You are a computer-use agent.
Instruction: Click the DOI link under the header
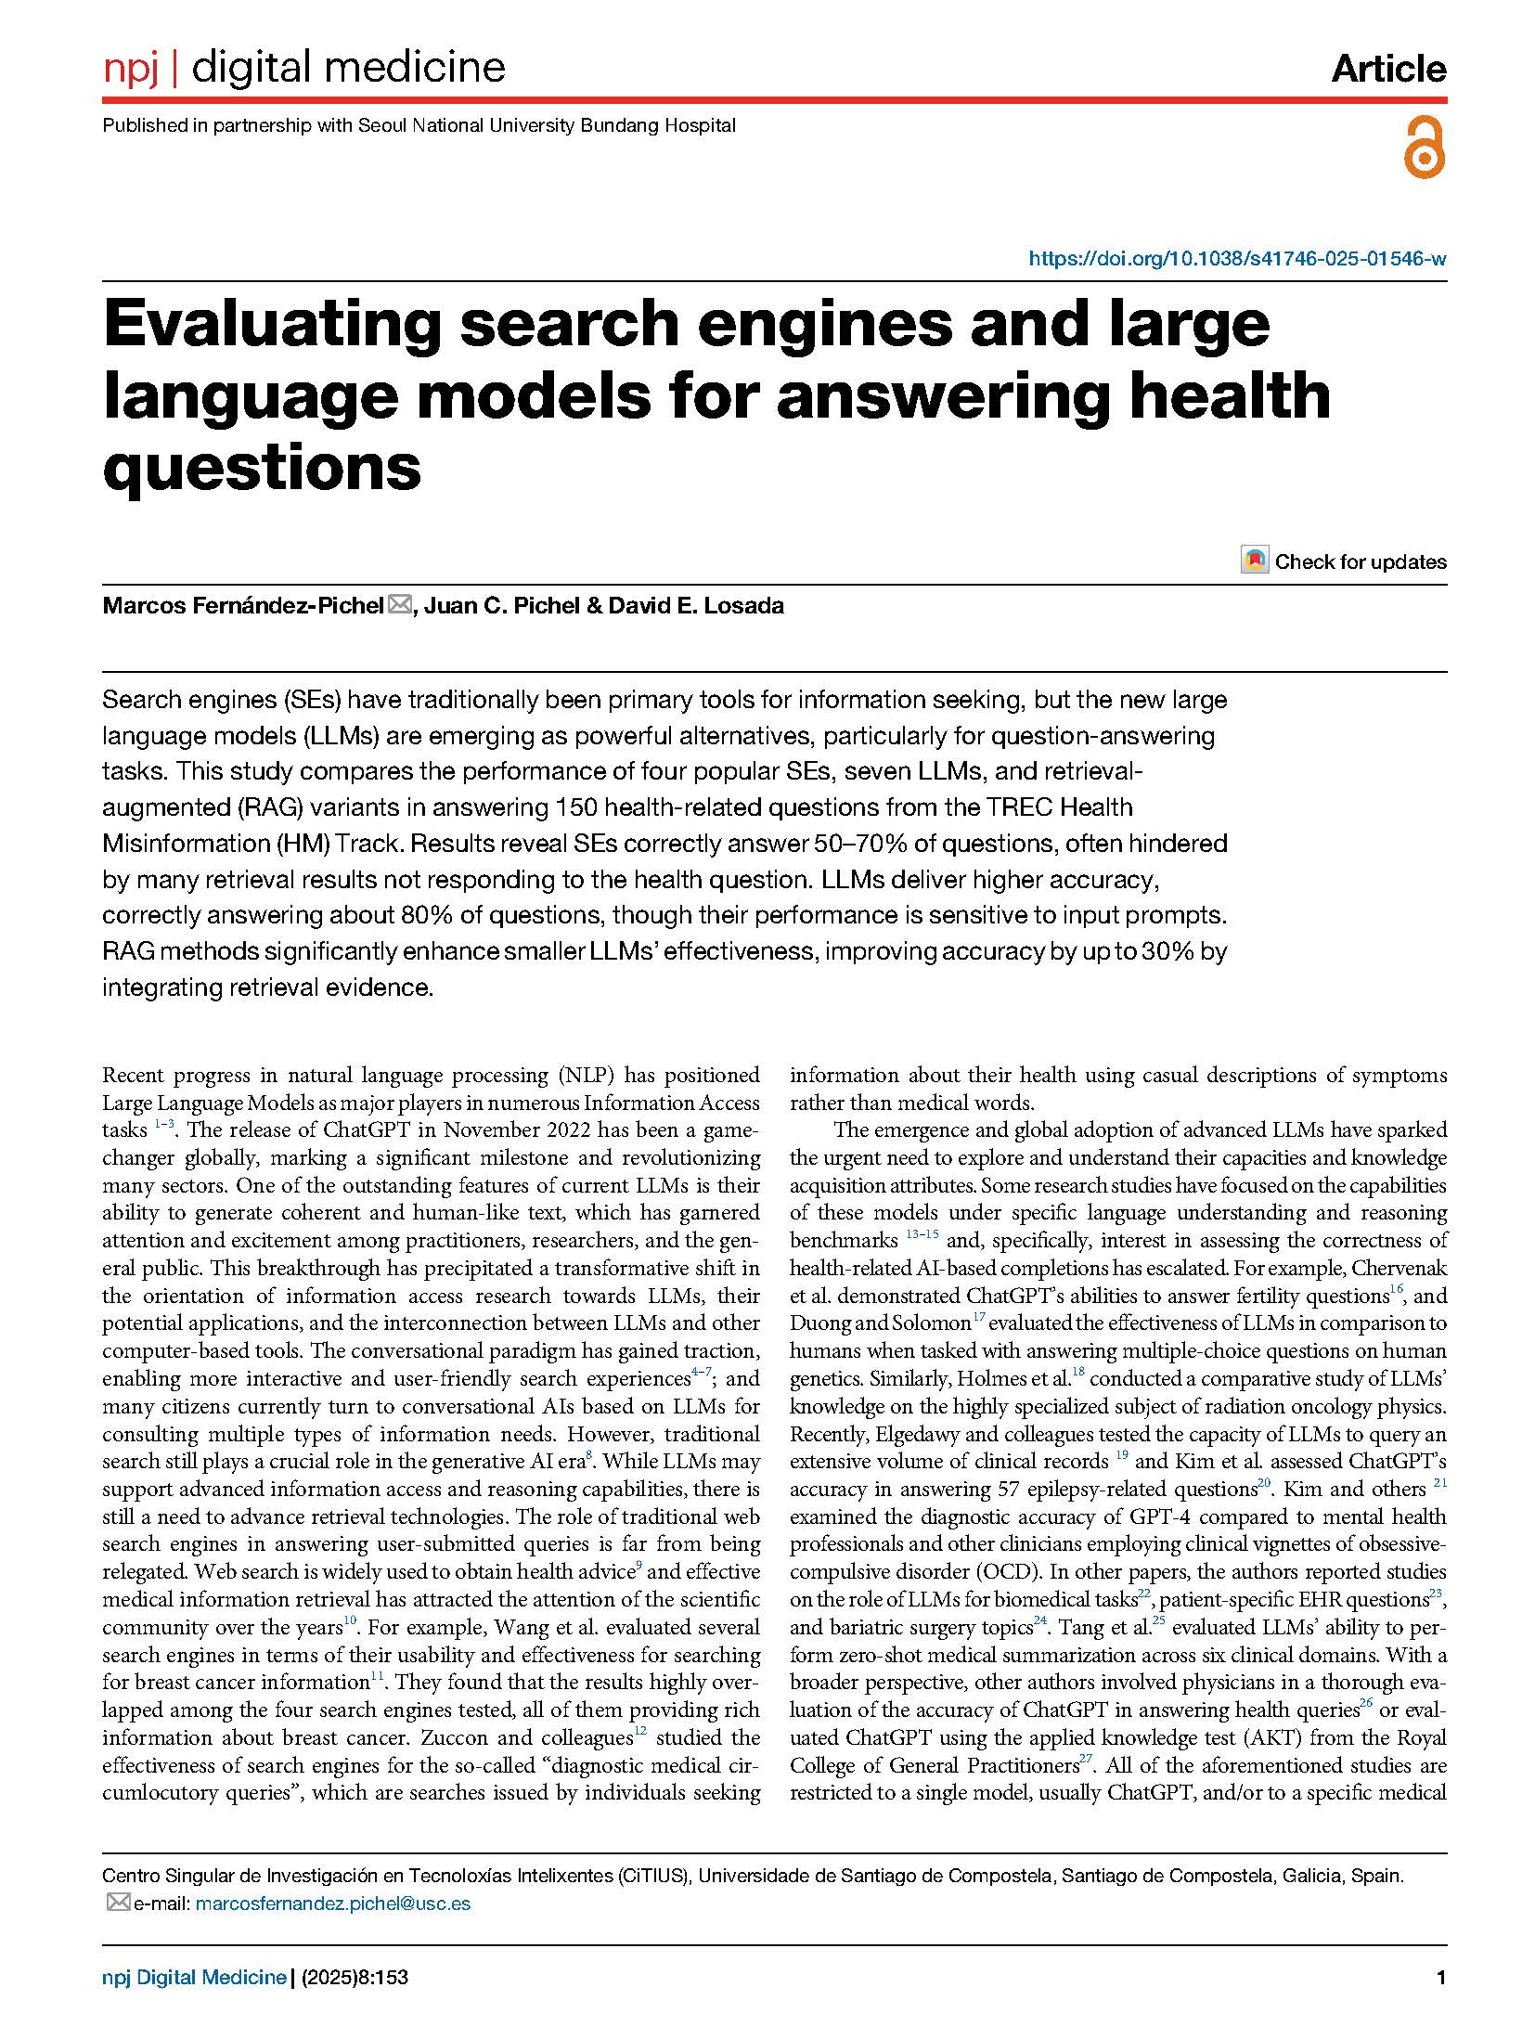click(x=1236, y=259)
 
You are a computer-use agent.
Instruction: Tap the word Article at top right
click(x=1388, y=69)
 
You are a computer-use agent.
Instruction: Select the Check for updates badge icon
click(x=1254, y=561)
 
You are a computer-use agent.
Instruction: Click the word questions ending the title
click(x=263, y=467)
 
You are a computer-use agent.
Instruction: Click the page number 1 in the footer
click(x=1440, y=1978)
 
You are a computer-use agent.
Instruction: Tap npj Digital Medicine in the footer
click(x=194, y=1978)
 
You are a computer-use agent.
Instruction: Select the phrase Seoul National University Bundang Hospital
click(x=547, y=125)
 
